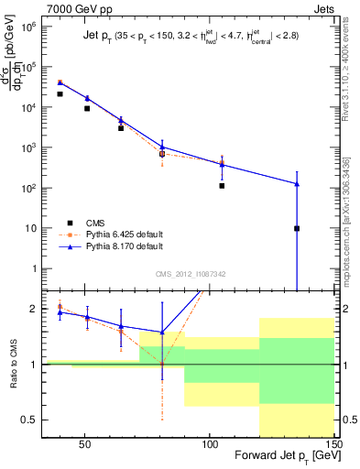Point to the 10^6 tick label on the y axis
(x=29, y=27)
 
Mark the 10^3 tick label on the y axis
(x=29, y=147)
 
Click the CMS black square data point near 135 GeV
(x=297, y=228)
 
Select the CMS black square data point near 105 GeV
(x=222, y=186)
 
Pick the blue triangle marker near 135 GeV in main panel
(x=297, y=183)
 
